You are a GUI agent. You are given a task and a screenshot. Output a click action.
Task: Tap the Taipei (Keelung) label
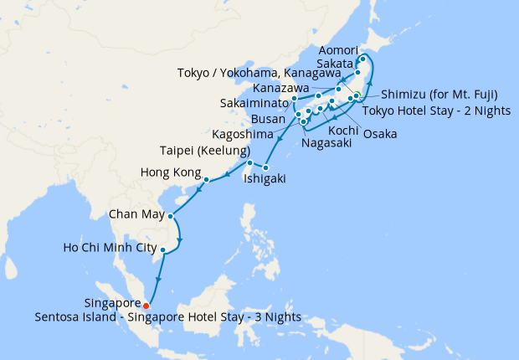point(200,151)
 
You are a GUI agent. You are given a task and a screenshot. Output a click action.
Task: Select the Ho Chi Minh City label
point(110,249)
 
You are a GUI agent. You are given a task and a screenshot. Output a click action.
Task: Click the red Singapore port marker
point(146,305)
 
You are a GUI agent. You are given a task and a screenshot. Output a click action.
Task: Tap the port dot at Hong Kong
point(206,178)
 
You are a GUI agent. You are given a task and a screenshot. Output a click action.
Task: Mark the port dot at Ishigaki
point(266,167)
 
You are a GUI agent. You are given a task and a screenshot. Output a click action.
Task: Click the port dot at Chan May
point(170,216)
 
